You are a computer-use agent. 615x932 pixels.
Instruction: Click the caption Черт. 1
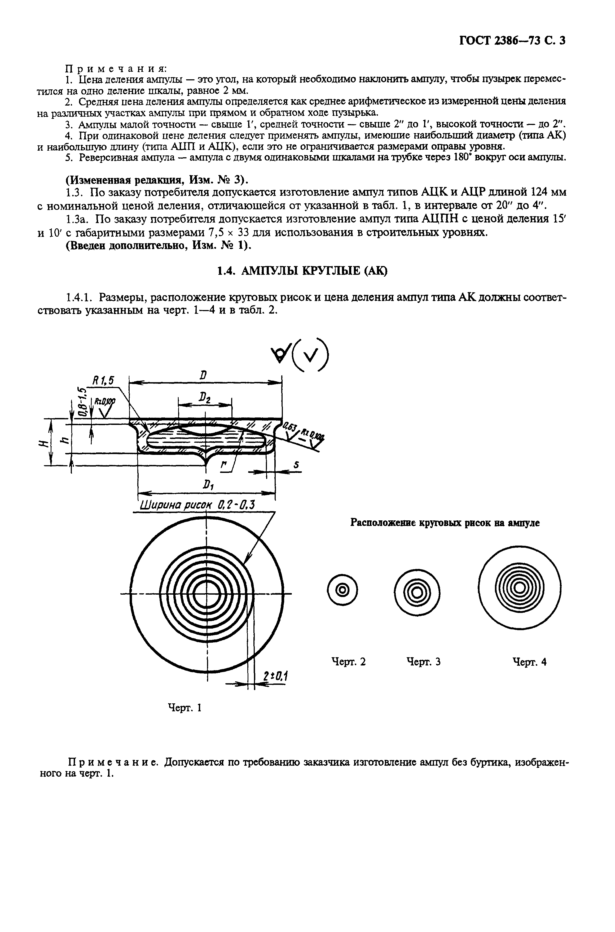click(184, 708)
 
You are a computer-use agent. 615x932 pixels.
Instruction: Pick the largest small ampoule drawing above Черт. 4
click(520, 588)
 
